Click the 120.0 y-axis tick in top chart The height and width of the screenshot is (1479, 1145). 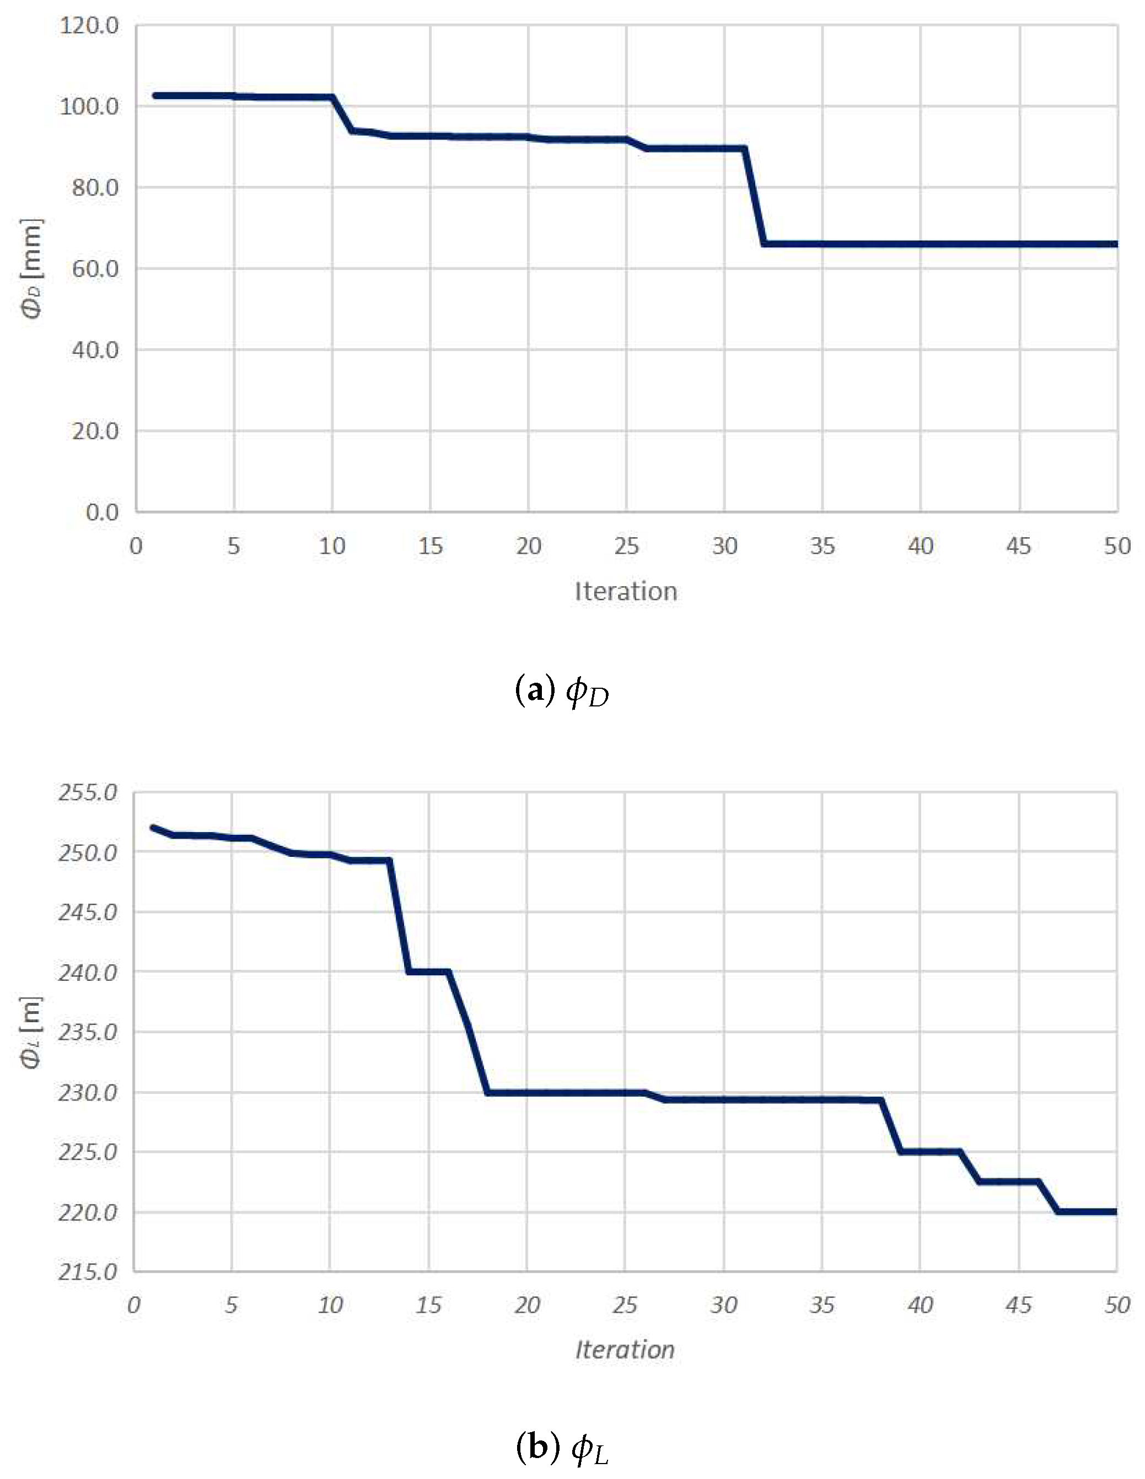coord(89,26)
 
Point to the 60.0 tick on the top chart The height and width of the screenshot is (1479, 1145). coord(95,269)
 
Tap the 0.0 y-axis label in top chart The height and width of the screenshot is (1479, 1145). coord(101,512)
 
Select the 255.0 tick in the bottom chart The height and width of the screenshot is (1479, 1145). coord(88,792)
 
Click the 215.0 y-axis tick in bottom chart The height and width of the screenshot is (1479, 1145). coord(88,1272)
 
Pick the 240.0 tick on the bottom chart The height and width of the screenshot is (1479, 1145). coord(88,973)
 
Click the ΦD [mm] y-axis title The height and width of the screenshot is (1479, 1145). coord(32,268)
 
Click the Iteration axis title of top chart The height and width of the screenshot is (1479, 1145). coord(625,592)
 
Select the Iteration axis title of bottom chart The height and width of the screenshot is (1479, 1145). coord(625,1350)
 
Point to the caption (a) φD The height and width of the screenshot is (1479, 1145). coord(562,692)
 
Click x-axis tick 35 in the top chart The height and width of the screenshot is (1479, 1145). coord(823,546)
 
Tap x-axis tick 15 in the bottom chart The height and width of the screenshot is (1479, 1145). coord(428,1305)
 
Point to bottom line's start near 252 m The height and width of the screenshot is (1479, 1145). coord(153,828)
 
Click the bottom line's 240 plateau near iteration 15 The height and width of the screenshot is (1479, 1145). coord(428,972)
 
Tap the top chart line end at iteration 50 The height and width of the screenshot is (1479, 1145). coord(1115,244)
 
